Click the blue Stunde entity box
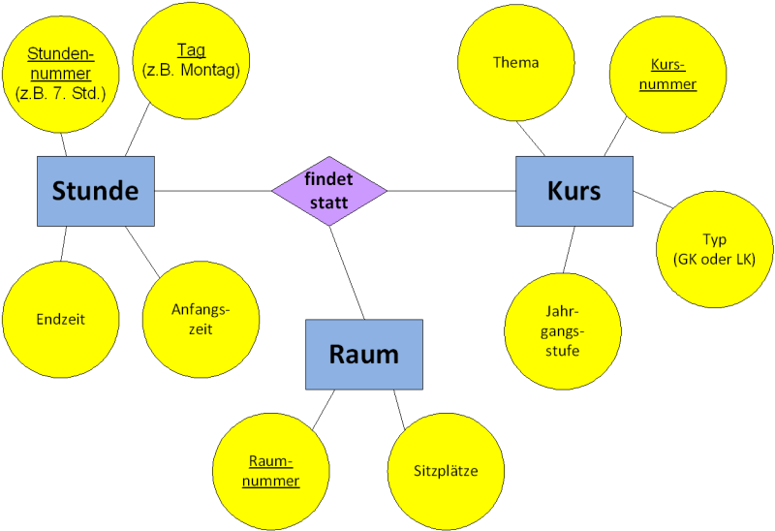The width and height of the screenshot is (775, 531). coord(96,191)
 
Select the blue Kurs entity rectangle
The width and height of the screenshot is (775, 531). coord(574,191)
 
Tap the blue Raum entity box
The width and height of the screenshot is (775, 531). coord(364,355)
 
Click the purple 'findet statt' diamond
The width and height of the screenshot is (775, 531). coord(329,191)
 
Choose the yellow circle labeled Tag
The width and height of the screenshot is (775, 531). coord(191,60)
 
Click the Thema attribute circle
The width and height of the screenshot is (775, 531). coord(515,63)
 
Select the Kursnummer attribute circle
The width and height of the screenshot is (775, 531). coord(667,75)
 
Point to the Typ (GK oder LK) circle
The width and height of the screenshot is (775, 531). coord(714,249)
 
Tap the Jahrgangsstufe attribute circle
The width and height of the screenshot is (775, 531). coord(562,332)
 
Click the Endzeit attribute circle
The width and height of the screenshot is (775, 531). coord(60,319)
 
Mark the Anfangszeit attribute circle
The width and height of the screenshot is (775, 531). coord(200,319)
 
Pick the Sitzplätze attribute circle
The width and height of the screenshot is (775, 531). coord(446,471)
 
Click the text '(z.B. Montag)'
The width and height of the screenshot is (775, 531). coord(191,70)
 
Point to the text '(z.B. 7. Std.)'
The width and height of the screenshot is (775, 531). coord(60,93)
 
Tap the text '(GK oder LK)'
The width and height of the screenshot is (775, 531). coord(714,259)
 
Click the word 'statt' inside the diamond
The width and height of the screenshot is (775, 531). coord(329,202)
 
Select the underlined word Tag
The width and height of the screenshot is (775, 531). coord(191,50)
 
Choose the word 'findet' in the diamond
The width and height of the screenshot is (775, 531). coord(329,180)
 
